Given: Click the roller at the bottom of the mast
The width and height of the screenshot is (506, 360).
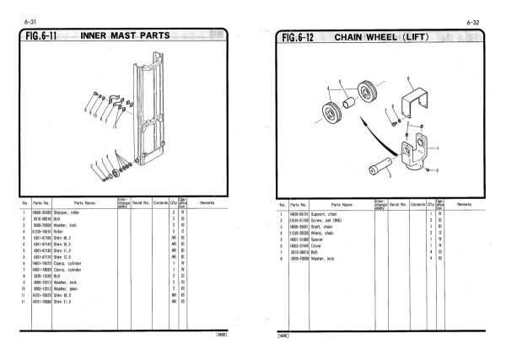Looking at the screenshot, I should click(x=113, y=175).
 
